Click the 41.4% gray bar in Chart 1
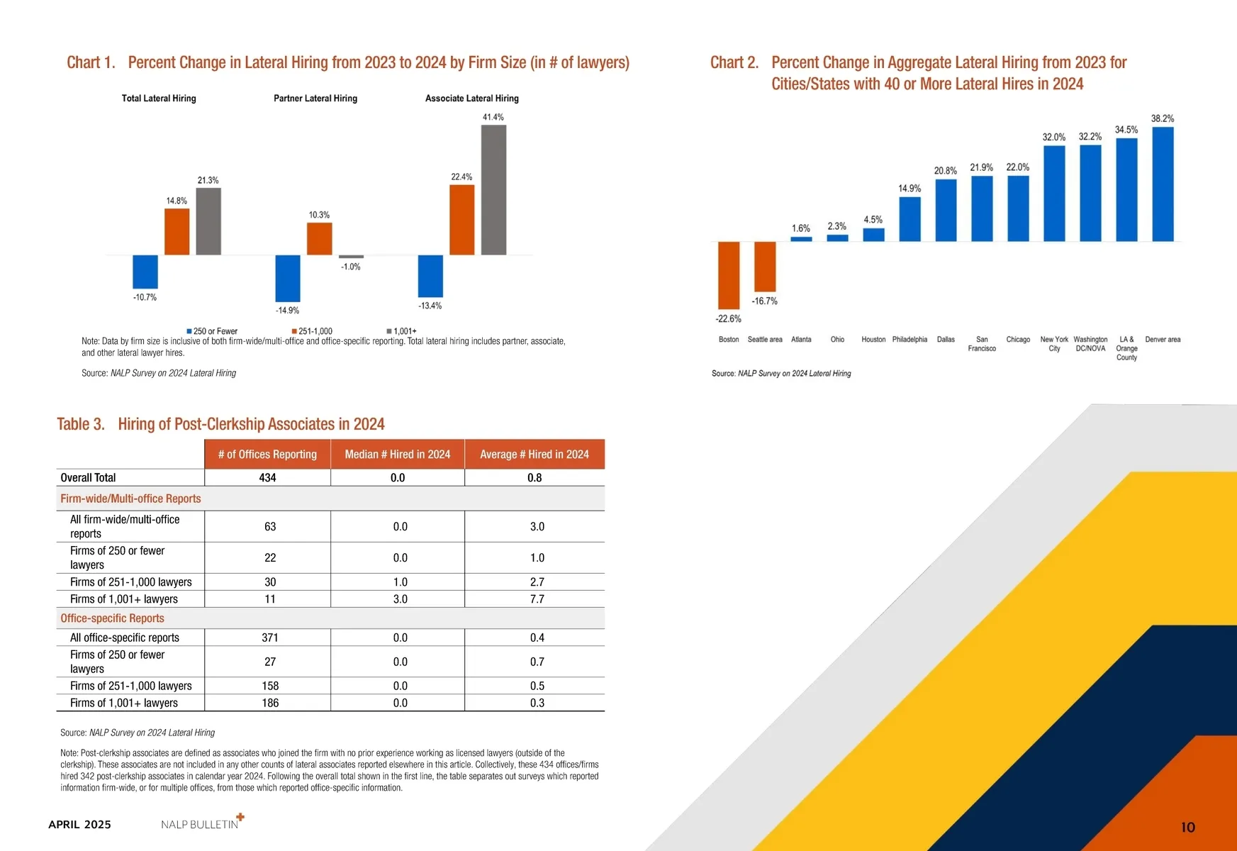pyautogui.click(x=493, y=190)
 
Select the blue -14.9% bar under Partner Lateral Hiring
pyautogui.click(x=288, y=278)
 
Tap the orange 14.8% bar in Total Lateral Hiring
pyautogui.click(x=177, y=231)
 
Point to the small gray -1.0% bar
pyautogui.click(x=351, y=257)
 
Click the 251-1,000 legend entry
pyautogui.click(x=312, y=331)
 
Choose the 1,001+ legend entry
pyautogui.click(x=402, y=331)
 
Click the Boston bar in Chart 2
pyautogui.click(x=729, y=275)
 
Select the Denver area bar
pyautogui.click(x=1163, y=184)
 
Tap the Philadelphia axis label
pyautogui.click(x=909, y=340)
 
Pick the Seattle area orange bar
pyautogui.click(x=765, y=267)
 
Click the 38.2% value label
pyautogui.click(x=1163, y=118)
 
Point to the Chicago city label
pyautogui.click(x=1018, y=340)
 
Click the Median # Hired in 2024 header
pyautogui.click(x=398, y=455)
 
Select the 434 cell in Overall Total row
pyautogui.click(x=267, y=478)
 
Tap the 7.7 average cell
pyautogui.click(x=537, y=599)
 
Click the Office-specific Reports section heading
pyautogui.click(x=112, y=618)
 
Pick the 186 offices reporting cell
pyautogui.click(x=270, y=703)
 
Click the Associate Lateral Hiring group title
pyautogui.click(x=471, y=99)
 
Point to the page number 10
pyautogui.click(x=1188, y=827)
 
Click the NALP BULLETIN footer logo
pyautogui.click(x=201, y=823)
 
